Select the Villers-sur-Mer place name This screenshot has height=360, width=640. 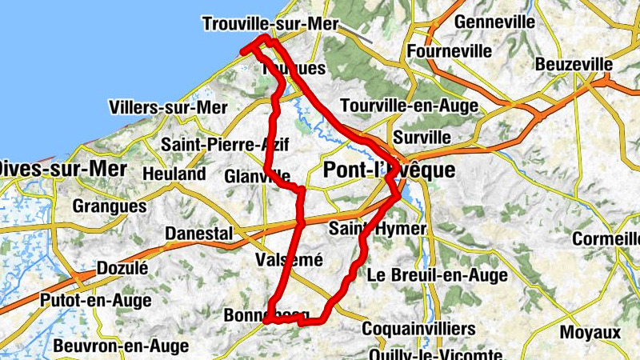click(x=169, y=107)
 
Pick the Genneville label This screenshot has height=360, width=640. click(x=494, y=22)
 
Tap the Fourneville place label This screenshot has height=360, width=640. click(x=449, y=50)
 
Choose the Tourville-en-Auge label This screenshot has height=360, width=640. click(x=409, y=106)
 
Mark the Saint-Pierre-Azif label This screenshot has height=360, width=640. click(x=225, y=145)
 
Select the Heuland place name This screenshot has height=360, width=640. click(x=174, y=174)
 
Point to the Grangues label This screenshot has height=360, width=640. click(x=110, y=206)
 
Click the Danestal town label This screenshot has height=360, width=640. click(x=198, y=233)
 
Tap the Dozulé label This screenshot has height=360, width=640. click(x=122, y=268)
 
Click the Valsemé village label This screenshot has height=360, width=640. click(x=288, y=260)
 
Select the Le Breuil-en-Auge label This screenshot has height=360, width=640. click(x=437, y=275)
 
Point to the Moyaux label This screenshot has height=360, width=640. click(x=590, y=331)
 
